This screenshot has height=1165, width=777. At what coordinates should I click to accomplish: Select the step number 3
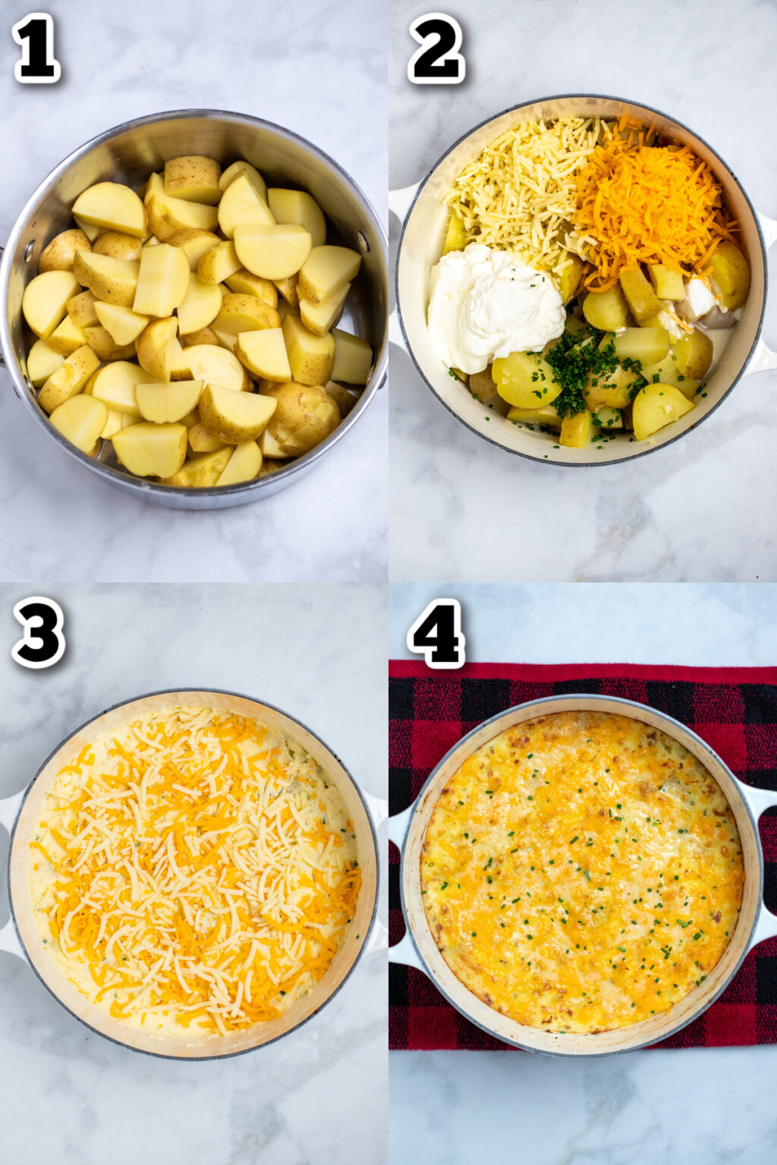[38, 631]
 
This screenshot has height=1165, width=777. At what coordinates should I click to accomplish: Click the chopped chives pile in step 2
[580, 372]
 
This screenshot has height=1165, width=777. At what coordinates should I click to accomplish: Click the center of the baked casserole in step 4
[580, 872]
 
